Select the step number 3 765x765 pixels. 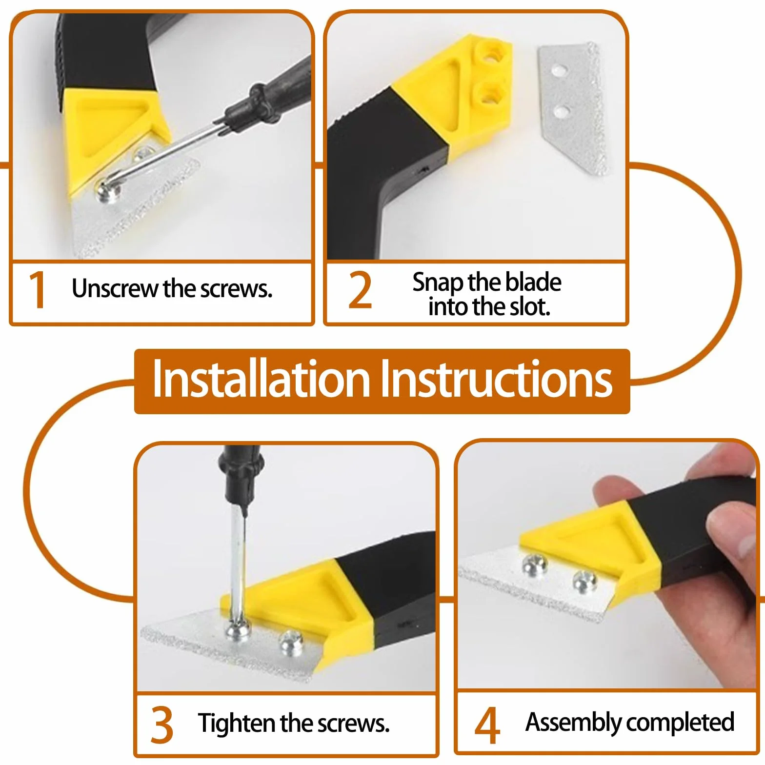click(161, 725)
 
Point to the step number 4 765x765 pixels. click(487, 725)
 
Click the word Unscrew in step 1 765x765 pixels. click(116, 288)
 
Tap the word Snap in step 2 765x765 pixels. click(438, 283)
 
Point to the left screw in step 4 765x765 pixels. click(535, 565)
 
